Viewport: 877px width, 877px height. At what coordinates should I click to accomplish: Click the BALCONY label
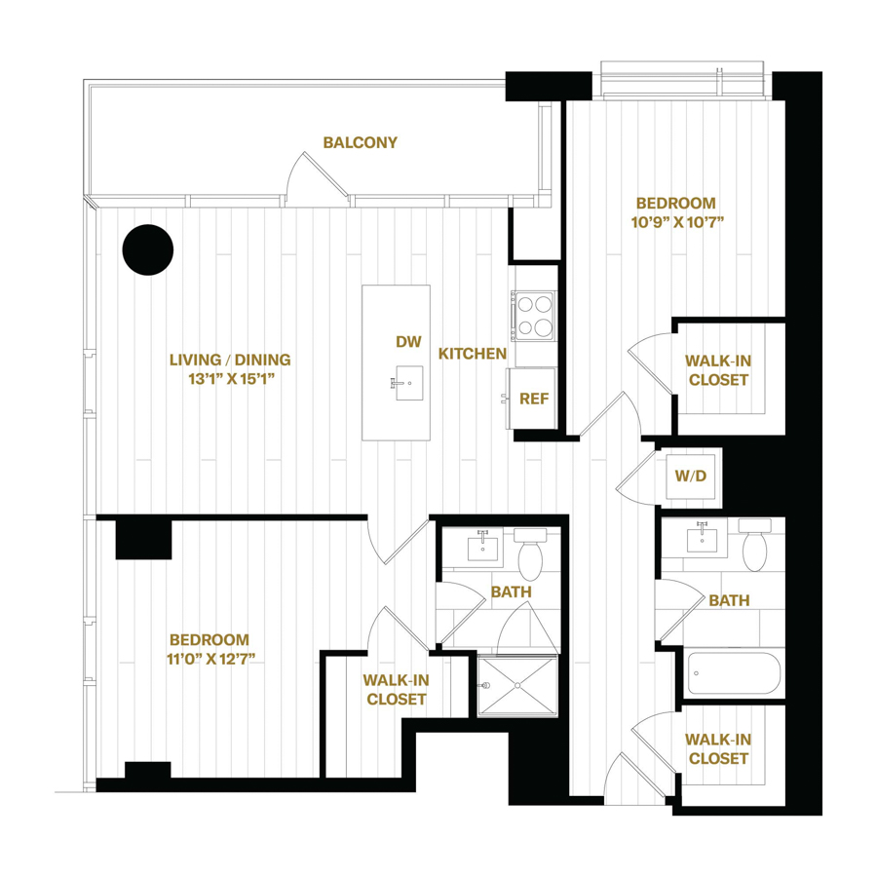coord(361,143)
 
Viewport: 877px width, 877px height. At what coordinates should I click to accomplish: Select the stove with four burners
coord(533,315)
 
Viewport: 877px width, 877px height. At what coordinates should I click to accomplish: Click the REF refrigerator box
coord(532,398)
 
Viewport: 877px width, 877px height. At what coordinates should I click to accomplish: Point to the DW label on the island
coord(408,342)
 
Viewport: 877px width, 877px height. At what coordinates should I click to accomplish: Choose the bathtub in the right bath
coord(734,672)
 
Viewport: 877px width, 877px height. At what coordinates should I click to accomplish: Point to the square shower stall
coord(516,686)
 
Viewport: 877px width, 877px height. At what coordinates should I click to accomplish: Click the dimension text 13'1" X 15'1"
coord(230,378)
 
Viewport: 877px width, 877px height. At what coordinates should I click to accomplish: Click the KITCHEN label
coord(472,354)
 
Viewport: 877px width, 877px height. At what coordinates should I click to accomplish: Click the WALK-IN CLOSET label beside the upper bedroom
coord(719,369)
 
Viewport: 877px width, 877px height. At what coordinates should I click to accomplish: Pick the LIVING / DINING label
coord(230,359)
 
